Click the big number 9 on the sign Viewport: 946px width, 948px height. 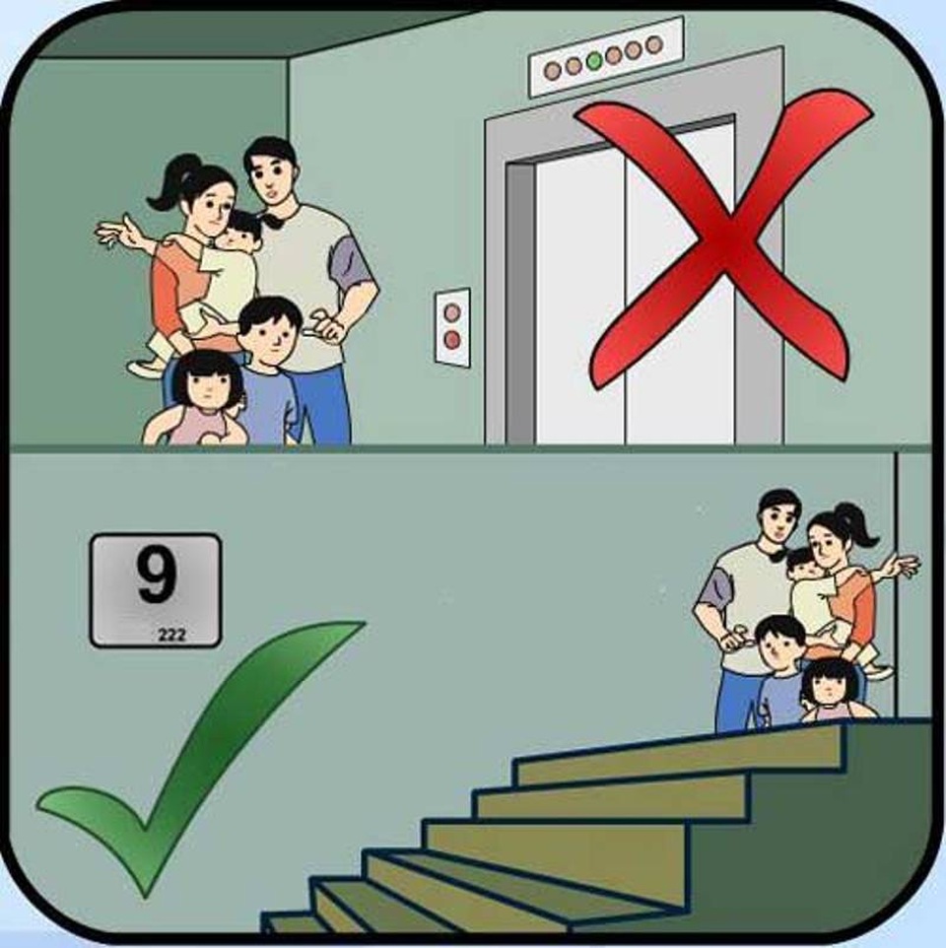[156, 576]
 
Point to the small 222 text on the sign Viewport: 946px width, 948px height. [171, 636]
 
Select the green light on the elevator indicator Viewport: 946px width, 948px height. [593, 61]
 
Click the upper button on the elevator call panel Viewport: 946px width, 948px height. [452, 312]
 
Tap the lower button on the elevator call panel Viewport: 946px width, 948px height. [452, 340]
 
